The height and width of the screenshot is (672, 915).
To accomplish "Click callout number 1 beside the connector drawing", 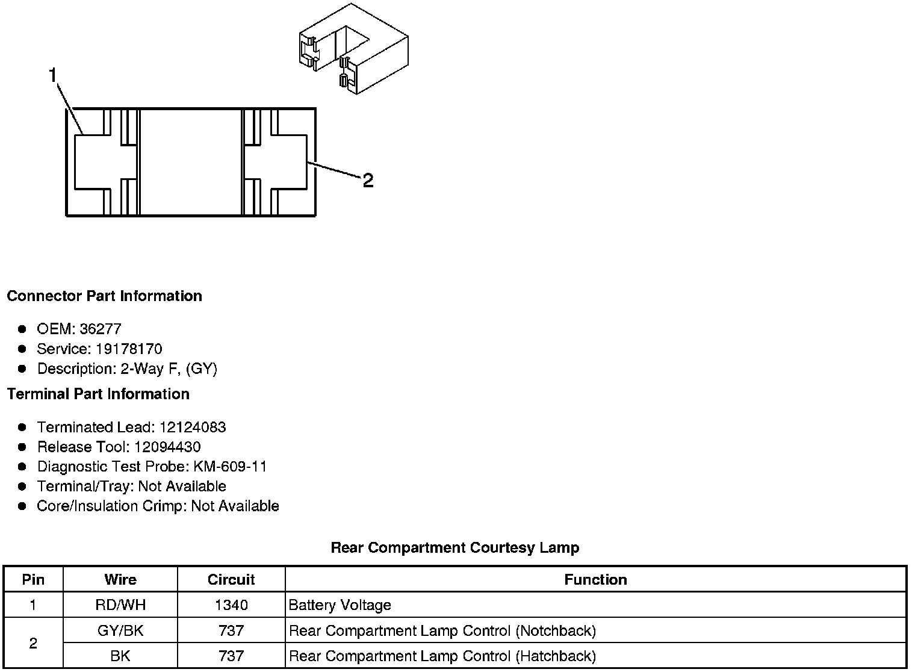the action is [53, 75].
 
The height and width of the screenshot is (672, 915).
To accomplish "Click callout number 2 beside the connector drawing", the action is [368, 180].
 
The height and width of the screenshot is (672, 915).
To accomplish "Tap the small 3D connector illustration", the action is [353, 49].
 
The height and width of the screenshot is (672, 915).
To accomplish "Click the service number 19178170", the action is [129, 349].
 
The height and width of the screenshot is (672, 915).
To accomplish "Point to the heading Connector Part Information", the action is [105, 296].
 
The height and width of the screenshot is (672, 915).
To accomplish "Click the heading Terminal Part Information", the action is [98, 394].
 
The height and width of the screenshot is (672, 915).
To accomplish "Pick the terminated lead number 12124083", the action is [193, 427].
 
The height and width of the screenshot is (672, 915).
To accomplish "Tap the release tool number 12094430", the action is [167, 447].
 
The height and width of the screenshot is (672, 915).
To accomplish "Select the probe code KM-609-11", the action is [229, 467].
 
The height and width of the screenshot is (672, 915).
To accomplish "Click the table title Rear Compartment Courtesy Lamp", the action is [455, 547].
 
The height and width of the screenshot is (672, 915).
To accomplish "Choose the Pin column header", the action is [33, 579].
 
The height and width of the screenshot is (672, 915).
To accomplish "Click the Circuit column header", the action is [231, 579].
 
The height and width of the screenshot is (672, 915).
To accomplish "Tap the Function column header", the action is [595, 579].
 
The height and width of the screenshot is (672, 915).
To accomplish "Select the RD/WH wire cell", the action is [120, 605].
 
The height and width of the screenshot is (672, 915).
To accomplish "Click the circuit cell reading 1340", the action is [231, 605].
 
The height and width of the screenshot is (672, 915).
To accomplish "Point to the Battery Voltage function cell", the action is [340, 605].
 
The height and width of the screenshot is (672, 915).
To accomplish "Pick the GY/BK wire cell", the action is [120, 630].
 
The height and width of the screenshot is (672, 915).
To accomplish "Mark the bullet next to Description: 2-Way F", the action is [22, 369].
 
